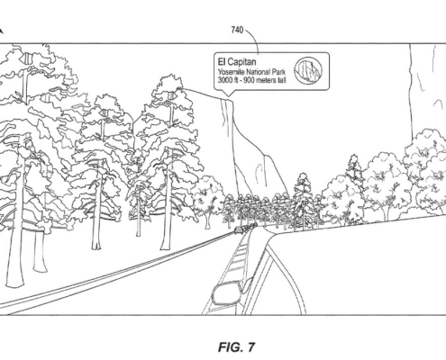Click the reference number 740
click(237, 30)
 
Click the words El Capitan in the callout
click(237, 62)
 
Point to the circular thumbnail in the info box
click(308, 71)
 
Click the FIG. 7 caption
click(236, 346)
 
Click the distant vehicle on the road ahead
click(238, 229)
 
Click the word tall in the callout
click(282, 80)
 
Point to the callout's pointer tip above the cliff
click(228, 96)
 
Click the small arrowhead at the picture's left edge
click(1, 31)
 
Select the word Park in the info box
click(278, 72)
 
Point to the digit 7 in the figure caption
click(250, 346)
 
